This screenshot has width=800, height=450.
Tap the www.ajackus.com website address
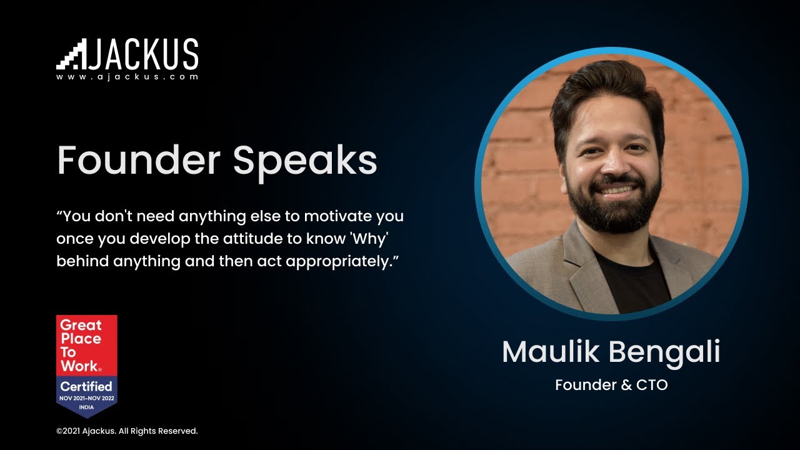(x=127, y=77)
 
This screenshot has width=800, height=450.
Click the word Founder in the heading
(x=138, y=161)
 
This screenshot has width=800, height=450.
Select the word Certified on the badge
(x=86, y=386)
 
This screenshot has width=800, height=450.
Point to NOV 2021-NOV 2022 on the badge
(x=86, y=398)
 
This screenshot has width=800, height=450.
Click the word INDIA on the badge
(x=86, y=406)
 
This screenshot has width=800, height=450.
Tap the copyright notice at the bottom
(x=127, y=431)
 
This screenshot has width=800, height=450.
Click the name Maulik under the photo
(x=542, y=352)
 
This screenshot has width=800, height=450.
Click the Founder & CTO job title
(x=611, y=385)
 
